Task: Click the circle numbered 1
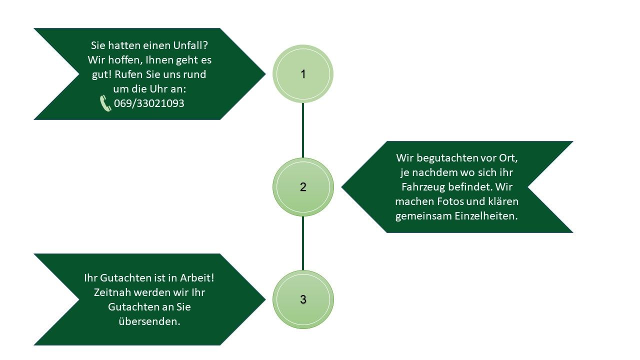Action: click(303, 74)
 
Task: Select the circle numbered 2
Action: click(303, 187)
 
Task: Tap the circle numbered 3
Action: click(303, 299)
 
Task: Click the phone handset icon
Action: click(105, 103)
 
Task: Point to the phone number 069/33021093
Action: click(149, 103)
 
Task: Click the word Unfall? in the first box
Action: click(189, 45)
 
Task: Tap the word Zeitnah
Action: click(113, 292)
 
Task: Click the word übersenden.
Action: click(149, 321)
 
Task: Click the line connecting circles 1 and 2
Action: click(303, 130)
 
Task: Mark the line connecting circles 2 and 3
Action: click(303, 243)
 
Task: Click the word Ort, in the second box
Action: click(508, 158)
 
